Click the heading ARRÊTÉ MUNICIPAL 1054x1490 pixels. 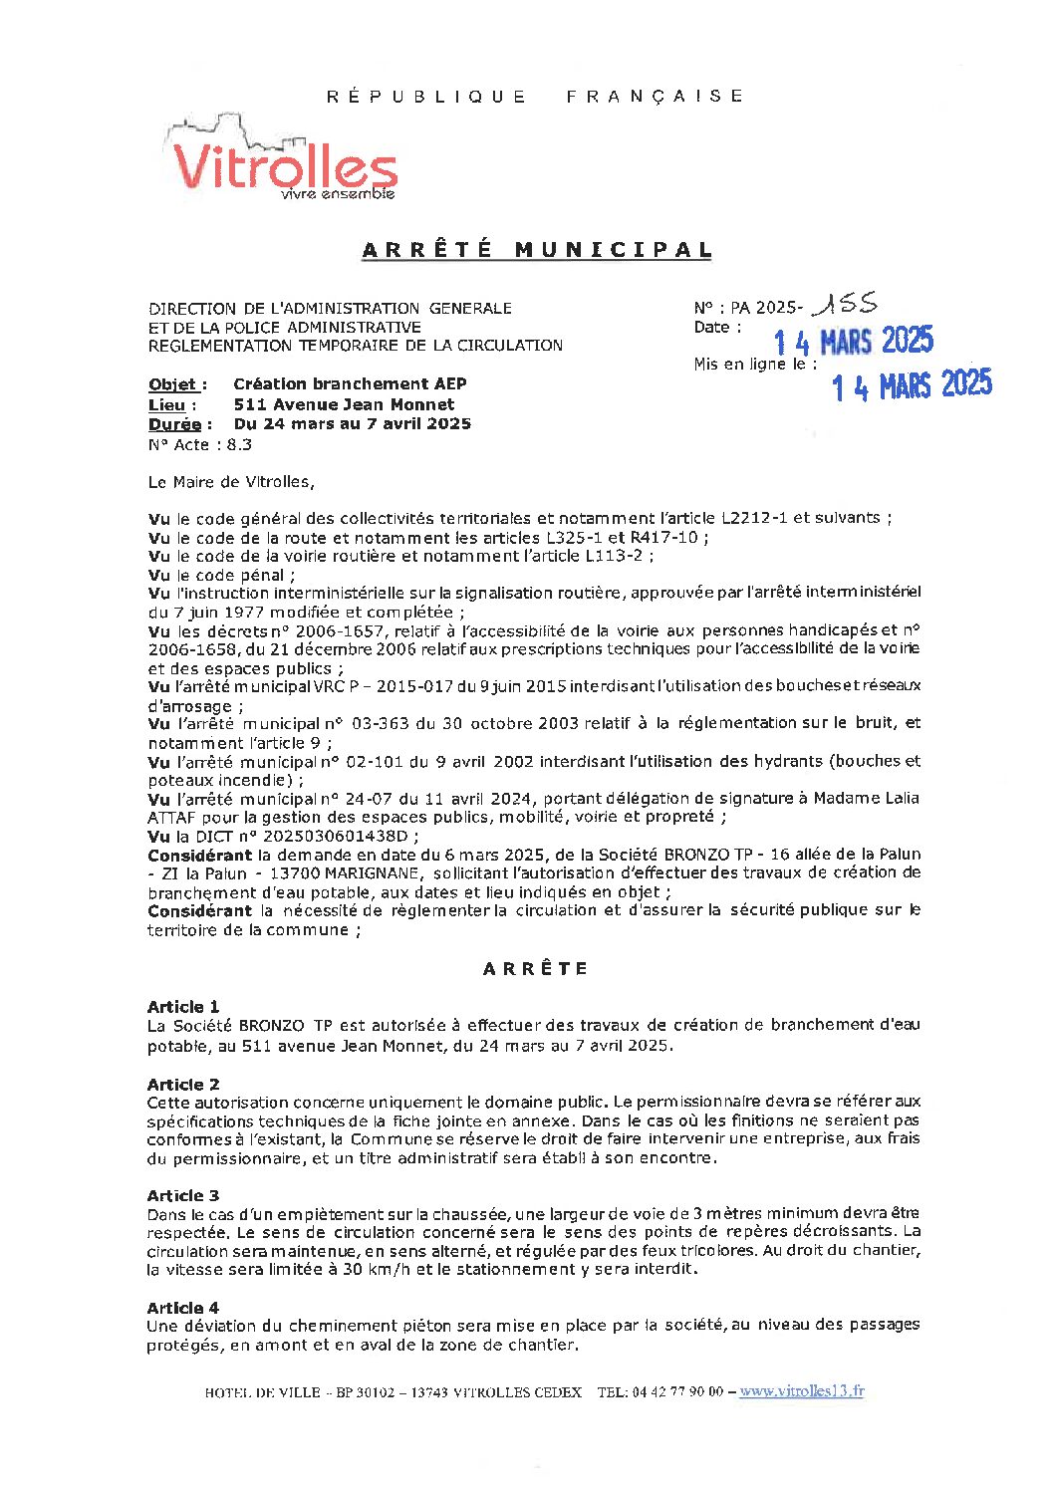point(537,250)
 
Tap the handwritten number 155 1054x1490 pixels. point(845,303)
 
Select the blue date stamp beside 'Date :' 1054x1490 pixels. point(854,342)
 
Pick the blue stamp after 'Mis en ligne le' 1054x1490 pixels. point(912,384)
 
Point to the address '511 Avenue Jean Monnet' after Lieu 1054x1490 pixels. point(344,404)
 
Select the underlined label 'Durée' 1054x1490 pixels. point(175,424)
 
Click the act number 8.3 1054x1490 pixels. point(239,445)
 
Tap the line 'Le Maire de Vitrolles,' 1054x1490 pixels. point(231,482)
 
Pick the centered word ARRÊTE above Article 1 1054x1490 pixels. point(536,968)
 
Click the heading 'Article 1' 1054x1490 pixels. point(183,1007)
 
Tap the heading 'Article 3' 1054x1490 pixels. point(183,1195)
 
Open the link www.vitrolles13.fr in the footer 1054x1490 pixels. point(802,1391)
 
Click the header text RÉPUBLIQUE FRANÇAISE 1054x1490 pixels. point(536,97)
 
